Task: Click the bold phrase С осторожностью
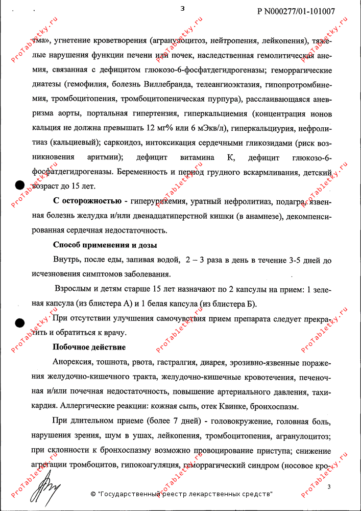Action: [x=87, y=200]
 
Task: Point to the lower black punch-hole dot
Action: [x=19, y=322]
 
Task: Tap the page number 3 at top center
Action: [x=182, y=8]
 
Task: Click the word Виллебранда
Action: [x=186, y=83]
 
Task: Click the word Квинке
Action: [x=233, y=407]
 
